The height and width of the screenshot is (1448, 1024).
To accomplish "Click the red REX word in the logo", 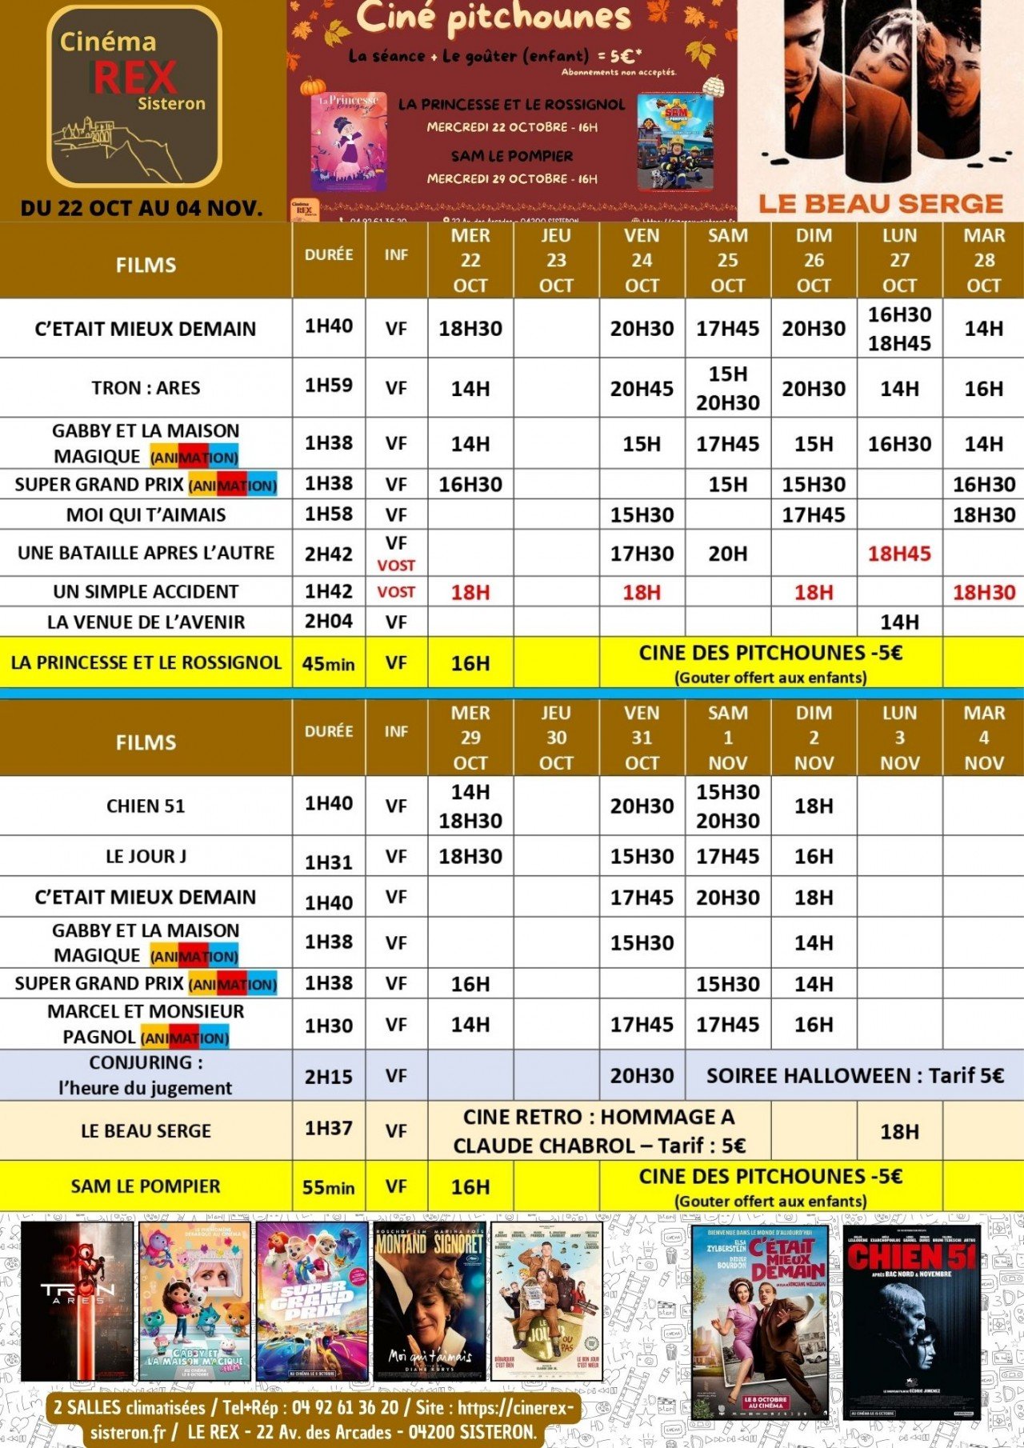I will coord(134,78).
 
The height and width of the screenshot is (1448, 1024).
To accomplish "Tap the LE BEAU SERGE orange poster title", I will coord(881,204).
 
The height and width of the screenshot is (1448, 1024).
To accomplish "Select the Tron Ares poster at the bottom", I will coord(78,1302).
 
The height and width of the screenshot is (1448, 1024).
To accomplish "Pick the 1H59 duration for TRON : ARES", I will coord(329,386).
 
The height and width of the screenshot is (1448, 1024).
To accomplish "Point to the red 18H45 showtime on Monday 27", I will coord(899,554).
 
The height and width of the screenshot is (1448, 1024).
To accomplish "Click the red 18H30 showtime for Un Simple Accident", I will coord(983,593).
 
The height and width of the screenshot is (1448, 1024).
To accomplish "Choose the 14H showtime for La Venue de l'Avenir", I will coord(899,622).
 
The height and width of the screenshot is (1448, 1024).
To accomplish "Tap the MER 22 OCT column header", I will coord(470,260).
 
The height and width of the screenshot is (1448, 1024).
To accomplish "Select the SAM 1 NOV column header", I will coord(727,738).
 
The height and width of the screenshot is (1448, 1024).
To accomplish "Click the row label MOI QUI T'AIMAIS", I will coord(146,515).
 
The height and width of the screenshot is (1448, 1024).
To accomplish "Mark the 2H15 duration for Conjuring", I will coord(329,1077).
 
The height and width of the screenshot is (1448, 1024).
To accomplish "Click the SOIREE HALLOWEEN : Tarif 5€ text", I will coord(854,1076).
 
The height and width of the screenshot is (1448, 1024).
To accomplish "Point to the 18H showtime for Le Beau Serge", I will coord(899,1132).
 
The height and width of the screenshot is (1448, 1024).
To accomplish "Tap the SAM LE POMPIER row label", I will coord(146,1186).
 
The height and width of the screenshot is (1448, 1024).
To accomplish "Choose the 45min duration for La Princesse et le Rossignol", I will coord(329,664).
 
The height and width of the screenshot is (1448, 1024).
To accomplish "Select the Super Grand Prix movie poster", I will coord(312,1302).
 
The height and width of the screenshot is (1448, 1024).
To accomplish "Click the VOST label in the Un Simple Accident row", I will coord(396,592).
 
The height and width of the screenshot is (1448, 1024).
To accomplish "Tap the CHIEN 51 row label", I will coord(146,806).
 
